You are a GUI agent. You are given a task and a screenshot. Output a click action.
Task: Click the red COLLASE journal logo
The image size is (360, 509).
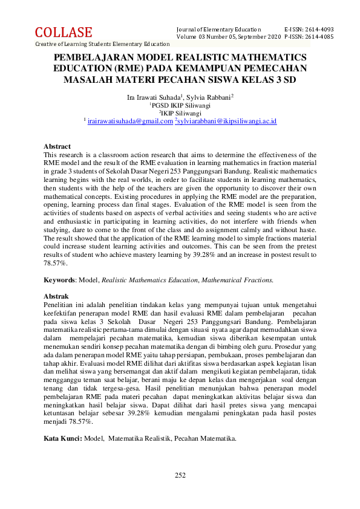coord(64,33)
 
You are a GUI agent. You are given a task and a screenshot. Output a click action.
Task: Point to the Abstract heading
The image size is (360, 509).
coord(57,146)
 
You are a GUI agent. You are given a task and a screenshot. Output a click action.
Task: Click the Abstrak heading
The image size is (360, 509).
coord(56,296)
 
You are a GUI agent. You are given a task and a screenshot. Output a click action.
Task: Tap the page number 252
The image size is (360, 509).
coord(180,475)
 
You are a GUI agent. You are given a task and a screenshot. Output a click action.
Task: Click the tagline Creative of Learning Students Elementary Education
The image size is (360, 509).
coord(102,44)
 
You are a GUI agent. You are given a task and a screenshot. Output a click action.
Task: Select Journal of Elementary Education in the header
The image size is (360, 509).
coord(218,30)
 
